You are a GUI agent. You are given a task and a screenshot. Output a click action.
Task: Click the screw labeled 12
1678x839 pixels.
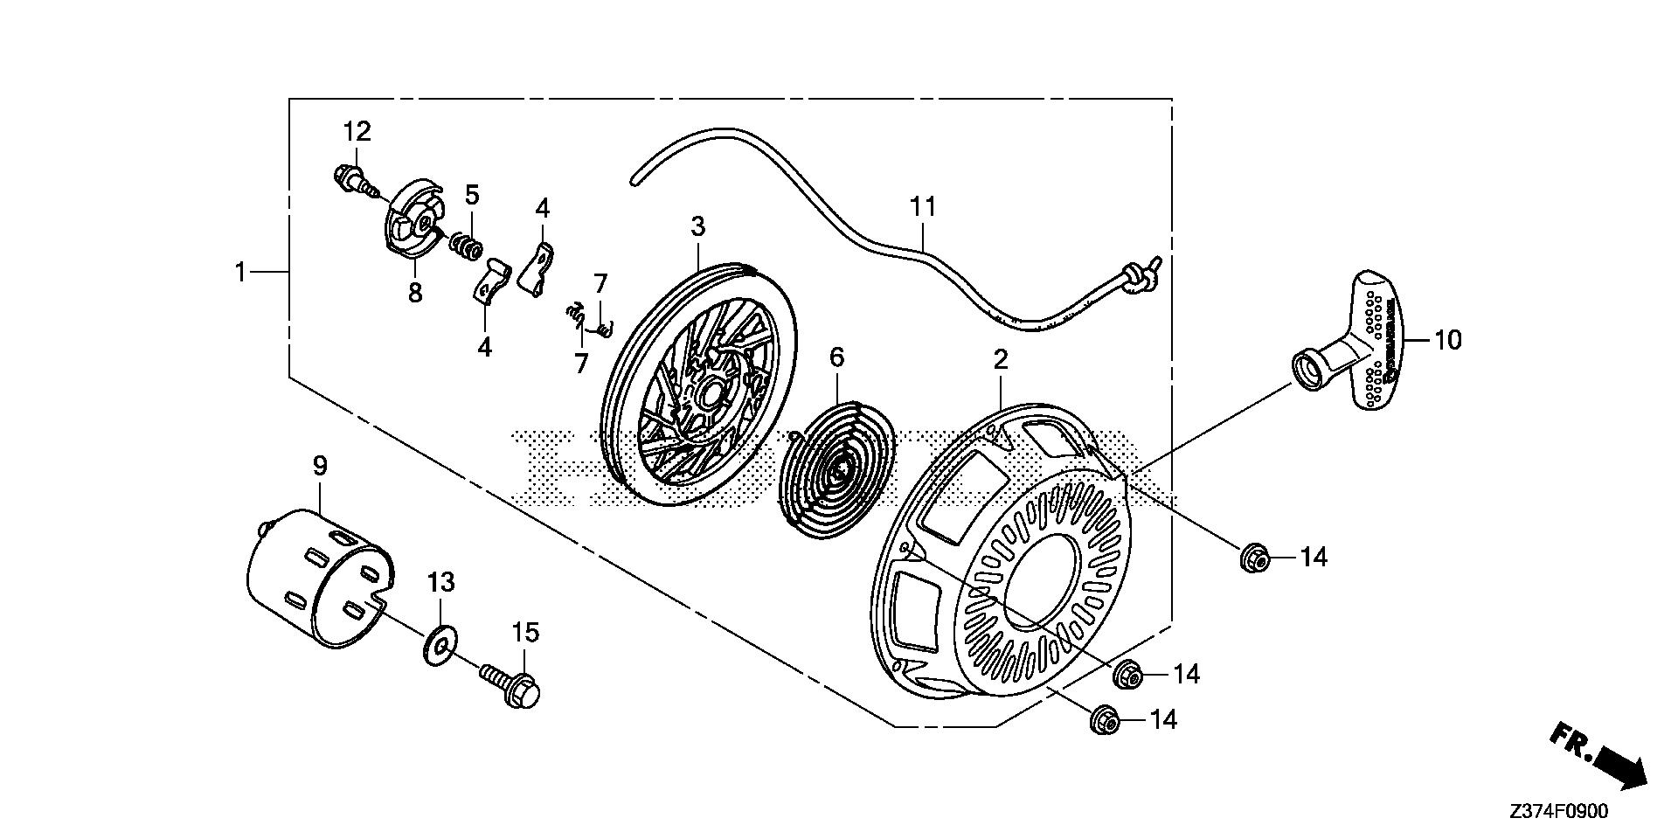tap(351, 180)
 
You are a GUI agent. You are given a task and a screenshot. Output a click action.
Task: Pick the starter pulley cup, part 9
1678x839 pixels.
tap(319, 581)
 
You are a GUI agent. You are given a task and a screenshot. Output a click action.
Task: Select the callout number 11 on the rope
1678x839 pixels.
tap(923, 207)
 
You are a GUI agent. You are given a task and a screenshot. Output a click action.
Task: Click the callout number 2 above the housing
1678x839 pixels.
tap(1001, 358)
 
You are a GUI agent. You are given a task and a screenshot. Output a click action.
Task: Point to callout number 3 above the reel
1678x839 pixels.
tap(697, 226)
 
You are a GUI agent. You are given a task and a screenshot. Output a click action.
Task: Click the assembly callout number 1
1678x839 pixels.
tap(240, 272)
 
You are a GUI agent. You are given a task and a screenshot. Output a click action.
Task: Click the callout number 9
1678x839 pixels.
tap(320, 466)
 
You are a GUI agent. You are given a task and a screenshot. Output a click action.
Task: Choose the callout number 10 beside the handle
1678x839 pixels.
tap(1448, 339)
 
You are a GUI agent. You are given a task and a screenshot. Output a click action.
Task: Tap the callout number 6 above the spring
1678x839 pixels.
tap(836, 357)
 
